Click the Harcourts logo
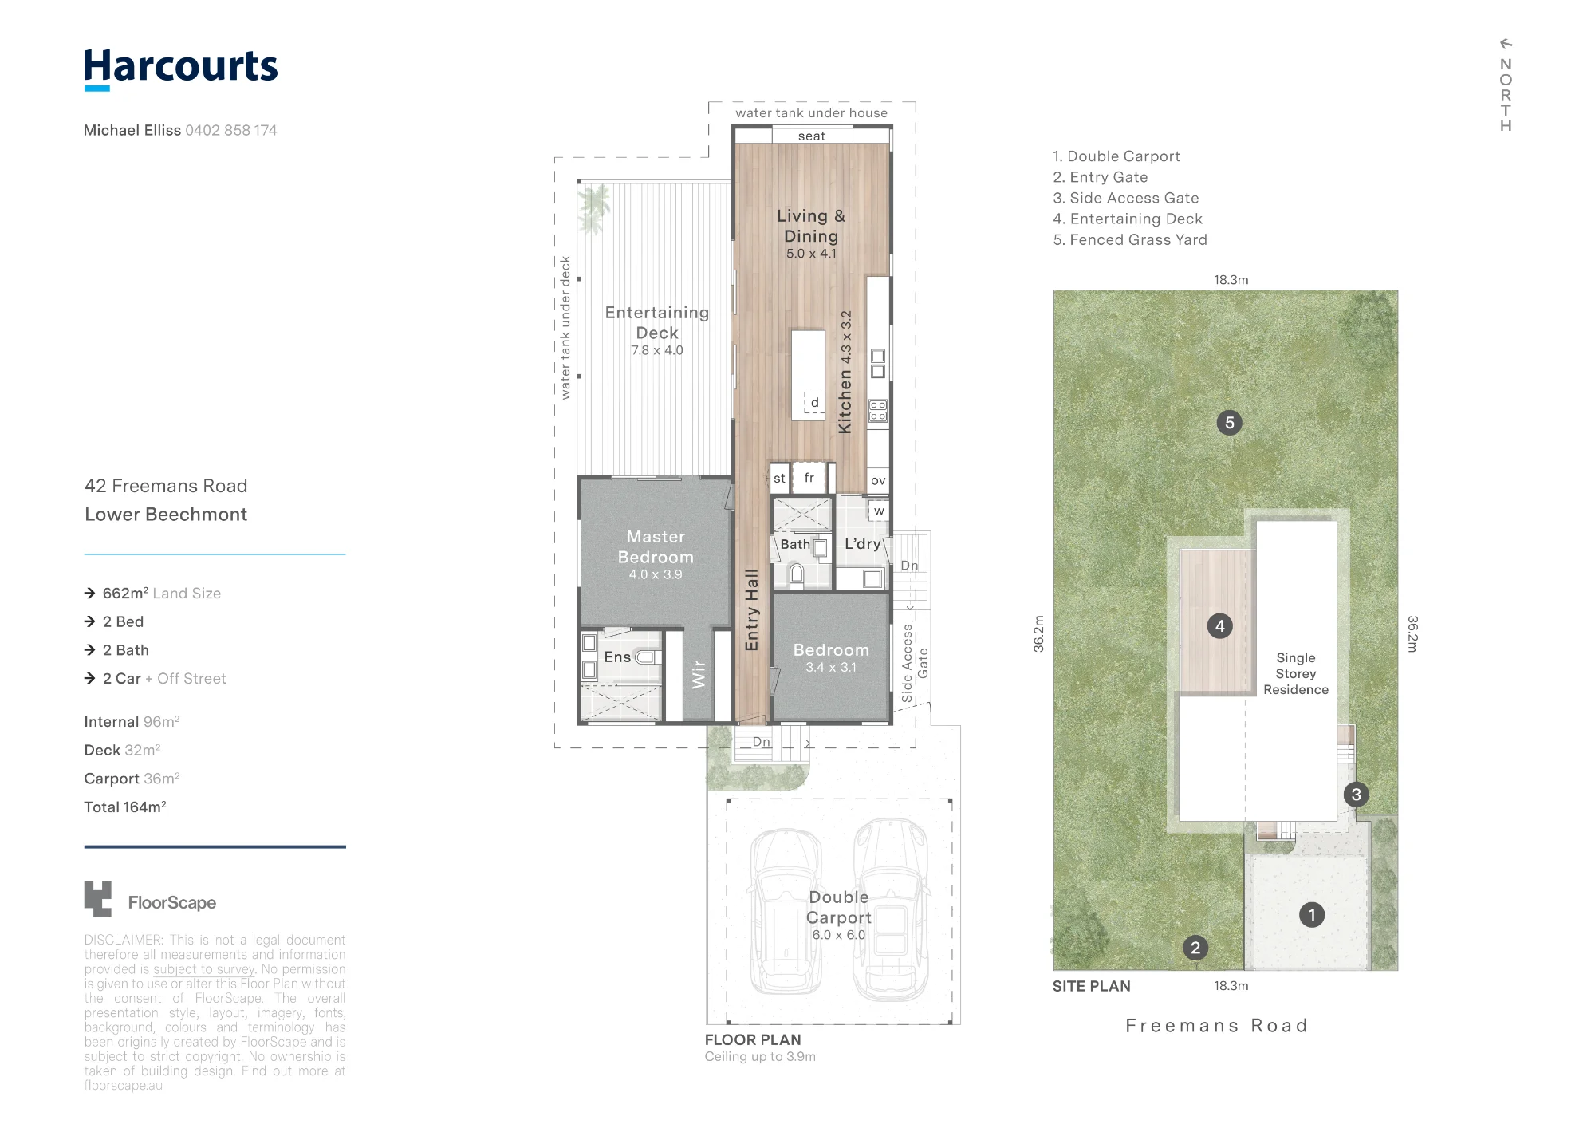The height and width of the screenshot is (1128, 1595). point(181,69)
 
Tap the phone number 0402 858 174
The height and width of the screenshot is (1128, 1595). point(231,130)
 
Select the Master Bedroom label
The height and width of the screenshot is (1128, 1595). point(656,546)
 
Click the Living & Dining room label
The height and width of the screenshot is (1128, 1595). point(811,226)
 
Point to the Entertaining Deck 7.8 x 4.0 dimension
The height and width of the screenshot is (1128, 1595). point(657,350)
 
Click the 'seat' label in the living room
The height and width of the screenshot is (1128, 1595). point(812,136)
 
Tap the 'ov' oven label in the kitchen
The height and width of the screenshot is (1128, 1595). point(878,480)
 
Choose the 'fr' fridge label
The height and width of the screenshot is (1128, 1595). point(809,477)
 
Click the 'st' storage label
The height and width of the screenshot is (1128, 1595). point(779,479)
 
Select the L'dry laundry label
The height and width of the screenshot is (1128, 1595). point(863,544)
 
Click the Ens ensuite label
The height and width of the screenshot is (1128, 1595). point(617,657)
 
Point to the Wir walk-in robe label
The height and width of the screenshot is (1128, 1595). point(699,674)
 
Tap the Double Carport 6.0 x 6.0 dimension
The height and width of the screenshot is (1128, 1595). point(839,935)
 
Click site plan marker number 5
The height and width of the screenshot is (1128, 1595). point(1229,423)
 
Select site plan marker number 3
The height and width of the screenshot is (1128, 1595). point(1356,795)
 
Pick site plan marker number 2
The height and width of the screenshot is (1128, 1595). point(1195,948)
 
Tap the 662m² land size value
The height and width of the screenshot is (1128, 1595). point(125,593)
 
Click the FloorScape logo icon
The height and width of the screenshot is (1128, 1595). point(98,899)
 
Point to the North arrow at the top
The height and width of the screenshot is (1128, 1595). point(1506,43)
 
